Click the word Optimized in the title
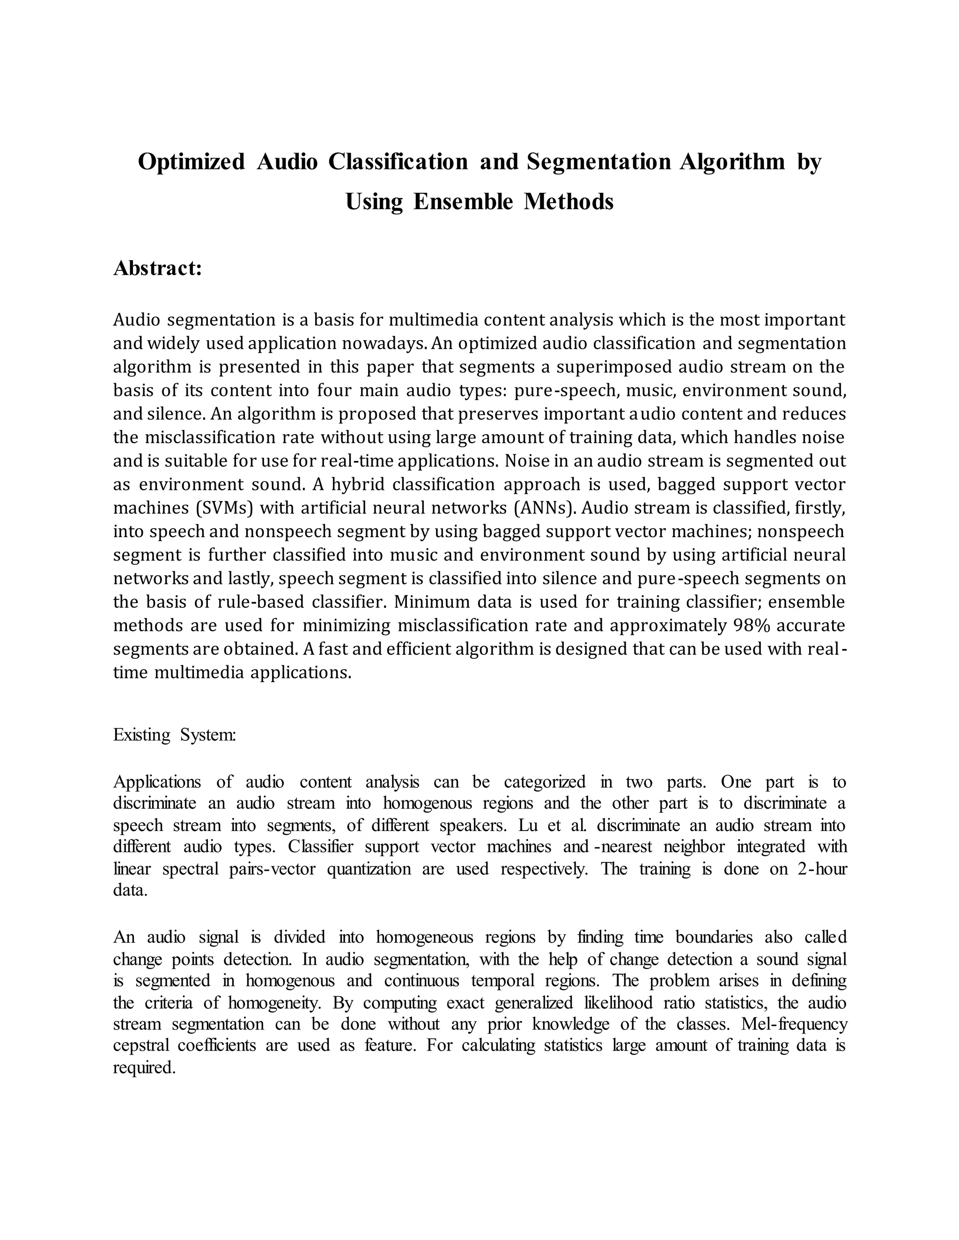click(192, 162)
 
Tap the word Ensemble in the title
click(463, 202)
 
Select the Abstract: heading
click(157, 268)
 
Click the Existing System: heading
click(174, 735)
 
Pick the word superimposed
click(614, 367)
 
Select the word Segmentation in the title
click(599, 162)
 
